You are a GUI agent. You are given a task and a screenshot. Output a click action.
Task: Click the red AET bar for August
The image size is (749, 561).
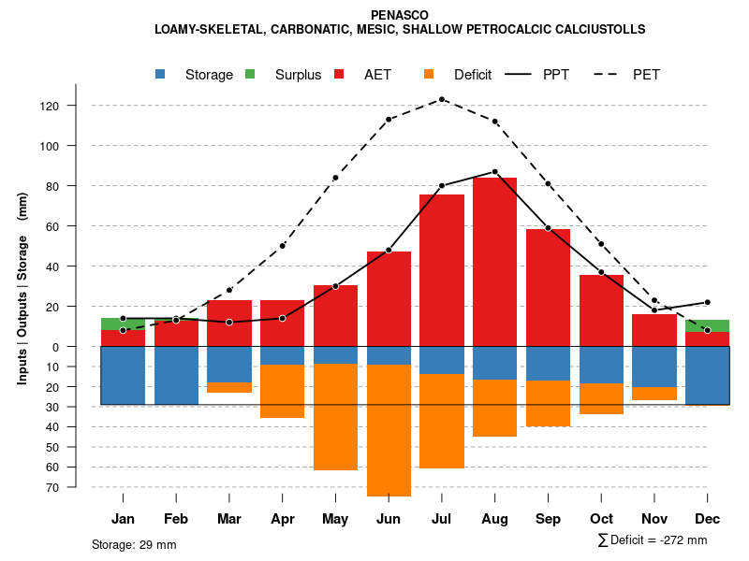coord(494,262)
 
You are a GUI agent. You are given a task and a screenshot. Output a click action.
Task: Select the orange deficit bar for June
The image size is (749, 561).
coord(389,430)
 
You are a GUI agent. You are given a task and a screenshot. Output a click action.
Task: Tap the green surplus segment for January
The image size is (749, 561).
coord(123,324)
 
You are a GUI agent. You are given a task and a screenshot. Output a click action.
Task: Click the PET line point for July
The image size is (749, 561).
coord(442,99)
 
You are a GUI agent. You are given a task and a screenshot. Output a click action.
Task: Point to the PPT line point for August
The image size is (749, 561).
coord(494,172)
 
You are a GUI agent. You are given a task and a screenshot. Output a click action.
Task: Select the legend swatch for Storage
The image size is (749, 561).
coord(161,75)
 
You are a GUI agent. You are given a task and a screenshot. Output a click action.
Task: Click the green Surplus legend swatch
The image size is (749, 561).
coord(250,75)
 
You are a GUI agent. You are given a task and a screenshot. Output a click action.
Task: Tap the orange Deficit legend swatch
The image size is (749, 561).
coord(428,75)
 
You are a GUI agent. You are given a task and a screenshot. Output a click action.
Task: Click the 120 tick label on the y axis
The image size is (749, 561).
coord(76,106)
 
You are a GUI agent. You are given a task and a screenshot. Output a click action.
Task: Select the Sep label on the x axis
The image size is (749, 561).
coord(548,519)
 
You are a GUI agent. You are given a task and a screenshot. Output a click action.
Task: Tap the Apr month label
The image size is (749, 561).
coord(282,519)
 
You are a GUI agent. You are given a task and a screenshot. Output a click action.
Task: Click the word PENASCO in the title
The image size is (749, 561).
coord(400,16)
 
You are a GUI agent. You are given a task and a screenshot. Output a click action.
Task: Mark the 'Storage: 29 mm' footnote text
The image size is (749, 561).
coord(134,544)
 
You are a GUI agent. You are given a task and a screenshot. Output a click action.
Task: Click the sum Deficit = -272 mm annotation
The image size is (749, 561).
coord(652,540)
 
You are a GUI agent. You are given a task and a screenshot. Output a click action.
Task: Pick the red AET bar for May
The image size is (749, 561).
coord(335,316)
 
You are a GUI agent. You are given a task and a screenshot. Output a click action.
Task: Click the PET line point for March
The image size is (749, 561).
coord(229,290)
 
